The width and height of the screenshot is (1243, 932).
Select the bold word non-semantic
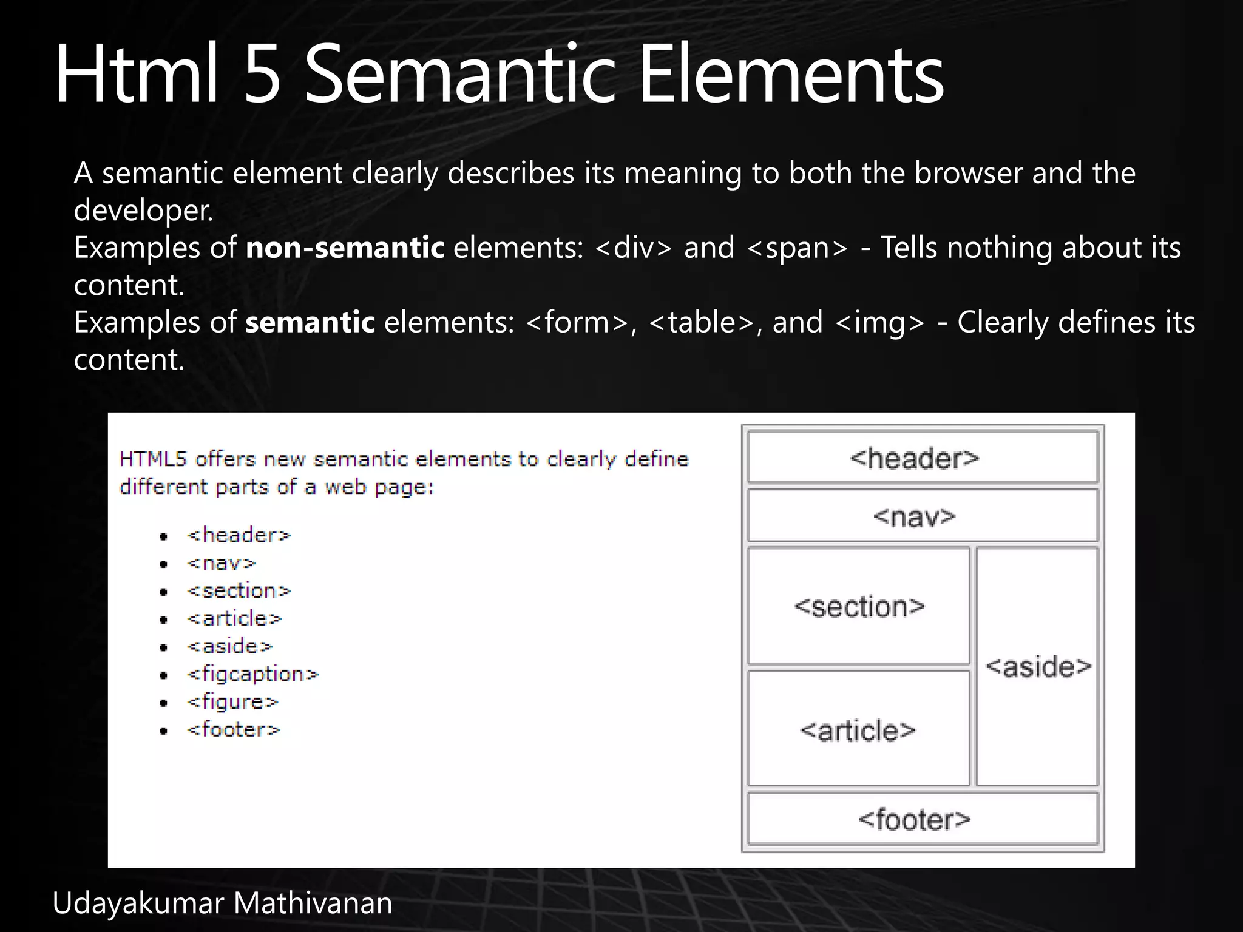(x=345, y=248)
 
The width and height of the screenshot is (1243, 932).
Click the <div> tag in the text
(x=634, y=248)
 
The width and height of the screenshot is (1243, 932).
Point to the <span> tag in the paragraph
(x=796, y=248)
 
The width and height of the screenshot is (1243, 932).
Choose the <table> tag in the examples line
(x=702, y=322)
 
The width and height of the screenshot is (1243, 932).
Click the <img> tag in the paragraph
(x=879, y=322)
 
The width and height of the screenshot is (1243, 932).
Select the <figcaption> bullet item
(x=252, y=674)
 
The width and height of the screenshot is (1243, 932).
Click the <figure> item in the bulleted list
(x=232, y=702)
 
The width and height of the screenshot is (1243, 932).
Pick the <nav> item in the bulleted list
(x=222, y=563)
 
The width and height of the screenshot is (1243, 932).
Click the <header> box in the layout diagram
(x=923, y=457)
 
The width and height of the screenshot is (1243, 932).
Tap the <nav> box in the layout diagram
(x=923, y=516)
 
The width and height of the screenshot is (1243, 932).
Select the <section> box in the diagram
(x=859, y=606)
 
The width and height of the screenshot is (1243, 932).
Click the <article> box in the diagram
(x=858, y=729)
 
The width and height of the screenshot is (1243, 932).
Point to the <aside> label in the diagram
(x=1038, y=667)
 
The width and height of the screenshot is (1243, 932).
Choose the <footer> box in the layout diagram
(x=923, y=819)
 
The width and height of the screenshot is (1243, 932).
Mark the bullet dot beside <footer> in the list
(x=163, y=731)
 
